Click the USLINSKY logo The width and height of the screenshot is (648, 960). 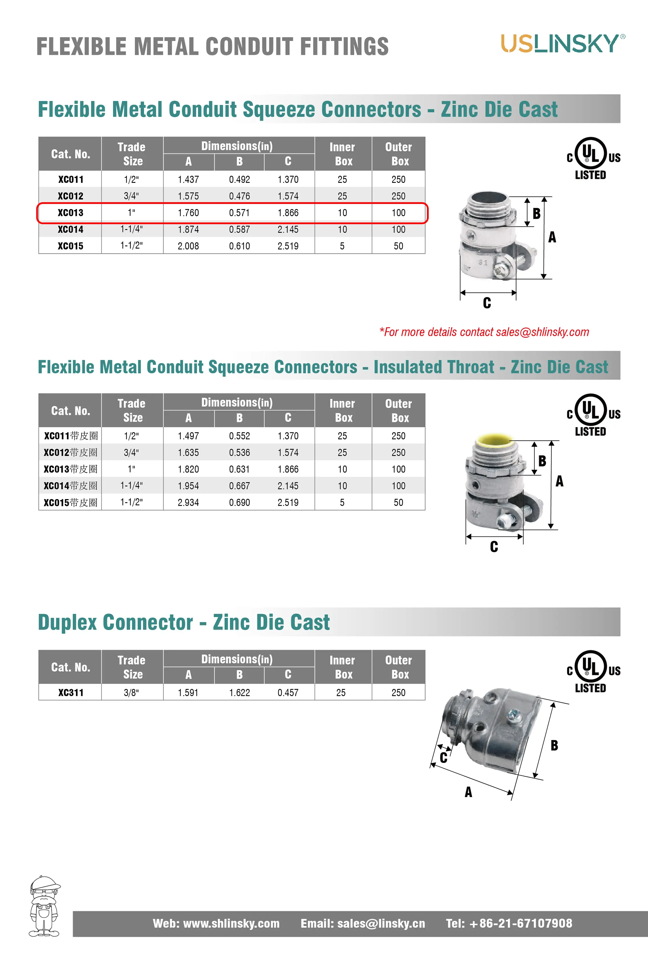coord(562,44)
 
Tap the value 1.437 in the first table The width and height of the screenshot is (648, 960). coord(188,180)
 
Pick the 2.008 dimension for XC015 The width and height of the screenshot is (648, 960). coord(188,246)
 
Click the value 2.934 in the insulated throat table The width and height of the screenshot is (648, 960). coord(188,503)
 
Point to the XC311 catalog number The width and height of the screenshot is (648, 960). coord(71,693)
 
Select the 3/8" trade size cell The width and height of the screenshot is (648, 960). coord(131,693)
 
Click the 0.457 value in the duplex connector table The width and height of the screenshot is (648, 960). coord(288,693)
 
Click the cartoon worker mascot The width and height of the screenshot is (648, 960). coord(44,906)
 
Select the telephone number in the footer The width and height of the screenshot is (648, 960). coord(509,924)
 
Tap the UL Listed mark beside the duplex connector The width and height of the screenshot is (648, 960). coord(593,672)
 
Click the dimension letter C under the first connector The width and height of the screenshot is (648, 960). coord(487,303)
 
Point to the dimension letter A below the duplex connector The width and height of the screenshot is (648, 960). coord(468,792)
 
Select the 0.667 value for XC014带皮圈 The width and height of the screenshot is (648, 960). coord(240,486)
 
